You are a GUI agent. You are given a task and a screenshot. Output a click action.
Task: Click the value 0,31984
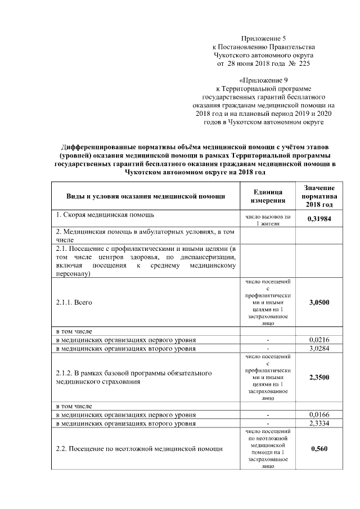click(x=319, y=219)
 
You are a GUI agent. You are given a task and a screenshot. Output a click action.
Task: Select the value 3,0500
click(x=319, y=303)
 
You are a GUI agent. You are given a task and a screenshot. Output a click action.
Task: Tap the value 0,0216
click(x=319, y=340)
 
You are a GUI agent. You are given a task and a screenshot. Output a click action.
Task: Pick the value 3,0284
click(x=319, y=348)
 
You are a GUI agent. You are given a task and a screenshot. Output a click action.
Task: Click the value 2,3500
click(x=319, y=377)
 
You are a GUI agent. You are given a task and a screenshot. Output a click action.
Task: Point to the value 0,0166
click(x=319, y=415)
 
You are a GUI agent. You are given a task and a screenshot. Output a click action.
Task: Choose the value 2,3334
click(x=319, y=422)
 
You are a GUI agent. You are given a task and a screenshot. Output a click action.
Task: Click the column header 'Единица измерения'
click(x=268, y=196)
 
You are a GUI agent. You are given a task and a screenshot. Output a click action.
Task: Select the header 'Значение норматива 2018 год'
click(x=319, y=196)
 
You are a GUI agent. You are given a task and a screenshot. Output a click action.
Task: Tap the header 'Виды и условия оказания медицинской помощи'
click(x=146, y=196)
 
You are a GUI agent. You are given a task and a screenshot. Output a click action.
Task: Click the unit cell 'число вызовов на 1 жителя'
click(x=268, y=219)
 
